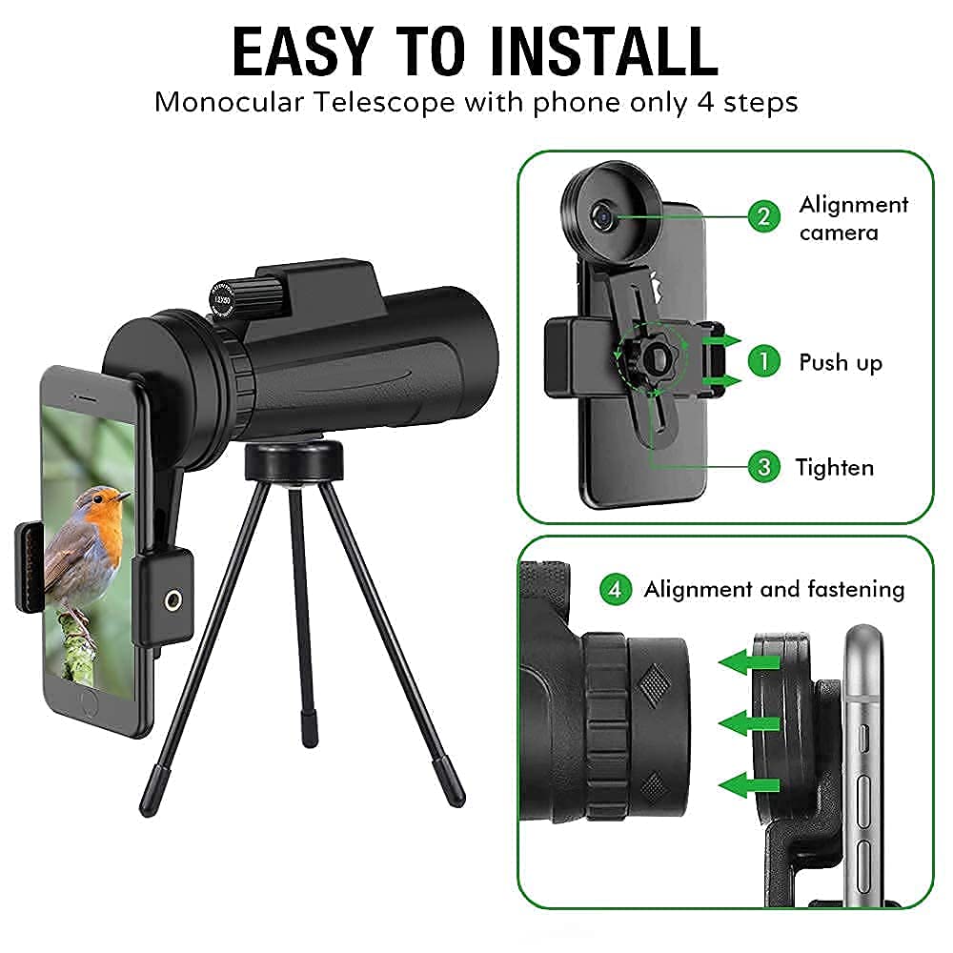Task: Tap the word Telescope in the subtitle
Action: pyautogui.click(x=384, y=102)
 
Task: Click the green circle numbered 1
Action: pyautogui.click(x=763, y=361)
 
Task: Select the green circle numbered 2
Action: pyautogui.click(x=763, y=216)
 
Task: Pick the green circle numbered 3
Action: pyautogui.click(x=763, y=467)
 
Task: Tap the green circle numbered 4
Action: pyautogui.click(x=615, y=589)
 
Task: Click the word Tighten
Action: pyautogui.click(x=835, y=468)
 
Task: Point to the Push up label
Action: pyautogui.click(x=840, y=363)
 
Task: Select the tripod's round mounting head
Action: pyautogui.click(x=294, y=460)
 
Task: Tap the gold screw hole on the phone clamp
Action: pyautogui.click(x=172, y=600)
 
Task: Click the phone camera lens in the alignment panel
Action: pyautogui.click(x=603, y=215)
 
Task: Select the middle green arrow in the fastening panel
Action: pyautogui.click(x=748, y=723)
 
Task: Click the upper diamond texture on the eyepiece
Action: pyautogui.click(x=654, y=684)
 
